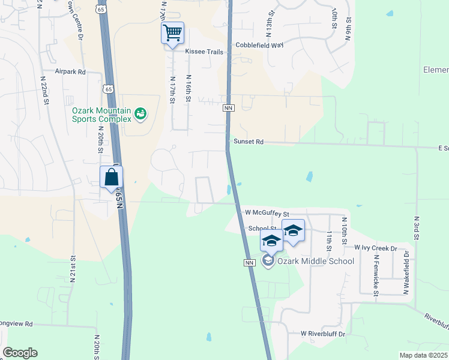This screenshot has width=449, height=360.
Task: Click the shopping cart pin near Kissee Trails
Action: (x=172, y=32)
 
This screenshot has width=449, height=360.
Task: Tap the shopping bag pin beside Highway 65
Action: (x=112, y=178)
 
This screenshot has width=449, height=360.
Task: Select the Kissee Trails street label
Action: (x=204, y=52)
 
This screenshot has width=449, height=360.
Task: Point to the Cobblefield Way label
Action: (x=259, y=45)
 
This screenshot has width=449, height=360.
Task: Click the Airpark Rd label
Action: (x=71, y=71)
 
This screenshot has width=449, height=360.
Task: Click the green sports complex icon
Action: (x=140, y=113)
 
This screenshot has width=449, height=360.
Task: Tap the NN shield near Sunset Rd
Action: (x=228, y=108)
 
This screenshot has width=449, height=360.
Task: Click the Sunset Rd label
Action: (x=248, y=142)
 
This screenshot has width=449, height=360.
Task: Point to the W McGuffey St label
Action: (x=263, y=213)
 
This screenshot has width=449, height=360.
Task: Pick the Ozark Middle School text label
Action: (x=316, y=261)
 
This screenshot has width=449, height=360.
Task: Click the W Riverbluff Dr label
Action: (x=324, y=334)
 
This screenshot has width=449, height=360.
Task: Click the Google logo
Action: (x=20, y=353)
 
